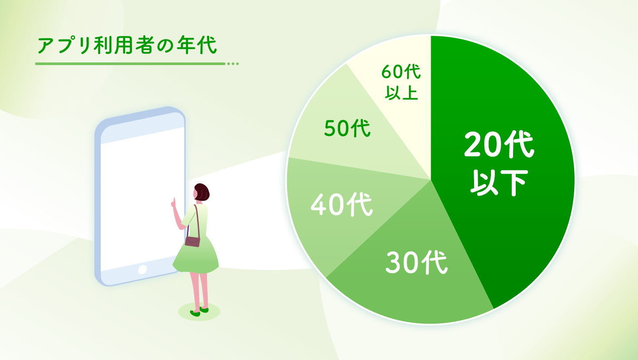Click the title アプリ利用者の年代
click(127, 45)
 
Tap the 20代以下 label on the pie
click(499, 163)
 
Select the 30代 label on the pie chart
click(416, 262)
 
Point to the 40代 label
click(342, 204)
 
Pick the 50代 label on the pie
click(347, 128)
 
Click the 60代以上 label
click(401, 82)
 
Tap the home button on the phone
click(142, 269)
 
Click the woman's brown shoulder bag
click(193, 241)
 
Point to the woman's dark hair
click(202, 192)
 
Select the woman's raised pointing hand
click(173, 202)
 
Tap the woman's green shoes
click(199, 311)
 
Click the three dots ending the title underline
click(233, 64)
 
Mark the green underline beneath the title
click(130, 64)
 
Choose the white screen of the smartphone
click(142, 199)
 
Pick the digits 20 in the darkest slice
click(482, 144)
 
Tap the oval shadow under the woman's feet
click(199, 312)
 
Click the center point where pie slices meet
click(431, 180)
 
